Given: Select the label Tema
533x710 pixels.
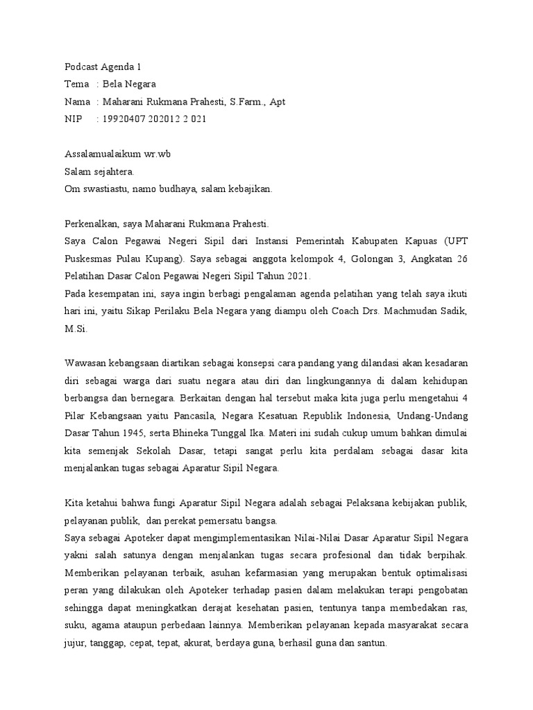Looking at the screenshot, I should tap(76, 85).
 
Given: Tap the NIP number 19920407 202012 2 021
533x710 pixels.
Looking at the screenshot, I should tap(154, 119).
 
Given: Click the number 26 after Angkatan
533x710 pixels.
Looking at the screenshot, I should tap(462, 258).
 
